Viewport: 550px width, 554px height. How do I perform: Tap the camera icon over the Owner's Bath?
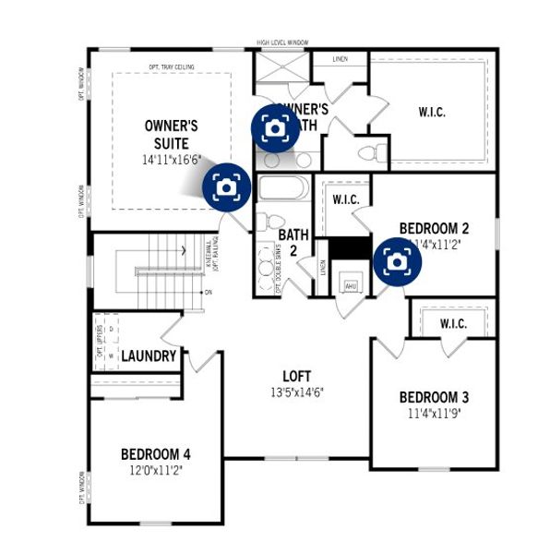[275, 127]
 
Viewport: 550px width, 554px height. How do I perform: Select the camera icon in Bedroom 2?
[397, 262]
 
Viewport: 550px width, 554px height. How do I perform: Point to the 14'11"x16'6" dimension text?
[171, 160]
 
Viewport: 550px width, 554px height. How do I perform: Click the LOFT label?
[296, 376]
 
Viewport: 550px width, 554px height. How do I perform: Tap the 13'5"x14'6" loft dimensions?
[296, 391]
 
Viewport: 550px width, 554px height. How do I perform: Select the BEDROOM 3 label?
[434, 398]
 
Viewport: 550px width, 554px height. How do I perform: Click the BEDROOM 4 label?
[155, 453]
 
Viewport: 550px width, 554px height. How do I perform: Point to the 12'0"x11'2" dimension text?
[155, 470]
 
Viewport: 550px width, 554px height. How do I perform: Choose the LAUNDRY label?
[149, 355]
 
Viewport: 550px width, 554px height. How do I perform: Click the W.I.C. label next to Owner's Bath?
[431, 112]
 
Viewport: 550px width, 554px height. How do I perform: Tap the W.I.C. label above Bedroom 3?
[452, 324]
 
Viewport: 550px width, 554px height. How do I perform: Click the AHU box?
[350, 284]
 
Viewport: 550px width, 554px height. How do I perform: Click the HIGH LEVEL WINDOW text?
[282, 42]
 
